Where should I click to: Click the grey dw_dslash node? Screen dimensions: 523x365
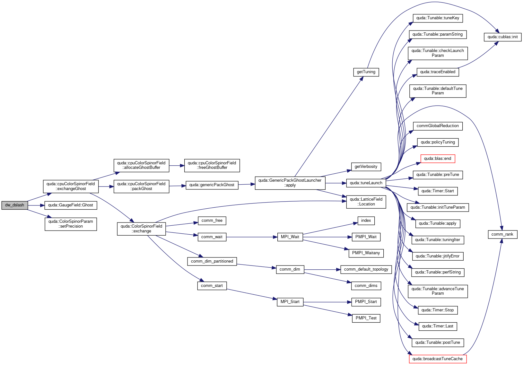[x=14, y=205]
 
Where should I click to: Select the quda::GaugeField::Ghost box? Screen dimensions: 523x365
[x=71, y=205]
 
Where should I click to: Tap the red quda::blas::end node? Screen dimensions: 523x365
[x=438, y=159]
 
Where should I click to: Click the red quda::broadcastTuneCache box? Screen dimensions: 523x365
[x=438, y=359]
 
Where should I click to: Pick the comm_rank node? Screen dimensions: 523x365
[x=502, y=234]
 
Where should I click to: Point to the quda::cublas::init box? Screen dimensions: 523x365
[x=503, y=37]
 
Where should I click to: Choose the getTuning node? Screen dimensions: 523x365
[x=366, y=72]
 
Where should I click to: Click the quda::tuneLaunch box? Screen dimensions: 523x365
[x=366, y=183]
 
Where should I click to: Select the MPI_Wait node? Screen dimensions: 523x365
[x=290, y=237]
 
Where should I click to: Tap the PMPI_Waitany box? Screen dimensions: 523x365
[x=366, y=253]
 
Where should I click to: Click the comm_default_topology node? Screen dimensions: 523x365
[x=366, y=269]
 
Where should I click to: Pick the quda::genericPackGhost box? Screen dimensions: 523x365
[x=212, y=185]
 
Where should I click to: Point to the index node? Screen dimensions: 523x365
[x=366, y=221]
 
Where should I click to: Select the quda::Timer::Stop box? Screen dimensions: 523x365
[x=438, y=310]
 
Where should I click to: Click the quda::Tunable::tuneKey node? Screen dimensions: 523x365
[x=438, y=18]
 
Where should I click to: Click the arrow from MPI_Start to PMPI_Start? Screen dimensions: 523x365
[x=327, y=302]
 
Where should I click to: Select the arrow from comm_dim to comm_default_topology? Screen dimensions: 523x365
[x=322, y=269]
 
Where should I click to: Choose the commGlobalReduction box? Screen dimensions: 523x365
[x=438, y=126]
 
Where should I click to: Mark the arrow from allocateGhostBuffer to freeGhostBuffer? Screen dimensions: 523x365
[x=177, y=166]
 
